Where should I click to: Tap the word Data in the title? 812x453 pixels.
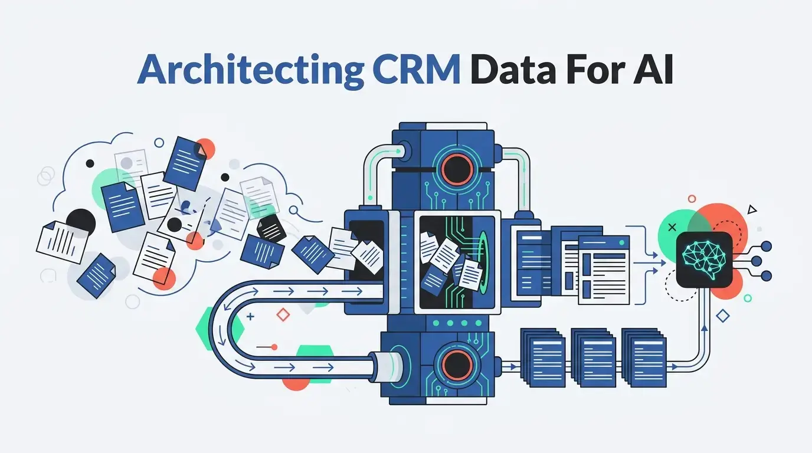(513, 69)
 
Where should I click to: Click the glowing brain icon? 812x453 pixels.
(704, 260)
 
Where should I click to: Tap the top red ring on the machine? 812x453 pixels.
(457, 169)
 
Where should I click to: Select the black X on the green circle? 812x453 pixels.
(672, 228)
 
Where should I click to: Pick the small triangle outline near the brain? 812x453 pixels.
(752, 209)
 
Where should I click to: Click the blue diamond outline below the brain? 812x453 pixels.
(723, 316)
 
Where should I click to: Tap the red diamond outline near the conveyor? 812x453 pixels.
(283, 314)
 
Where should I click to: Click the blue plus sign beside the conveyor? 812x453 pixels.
(250, 317)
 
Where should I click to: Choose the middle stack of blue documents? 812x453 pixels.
(593, 357)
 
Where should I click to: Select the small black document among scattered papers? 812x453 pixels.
(271, 228)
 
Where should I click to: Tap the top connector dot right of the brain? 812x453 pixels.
(767, 247)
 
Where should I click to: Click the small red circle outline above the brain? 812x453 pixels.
(692, 199)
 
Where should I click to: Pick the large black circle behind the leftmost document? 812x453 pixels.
(80, 222)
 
